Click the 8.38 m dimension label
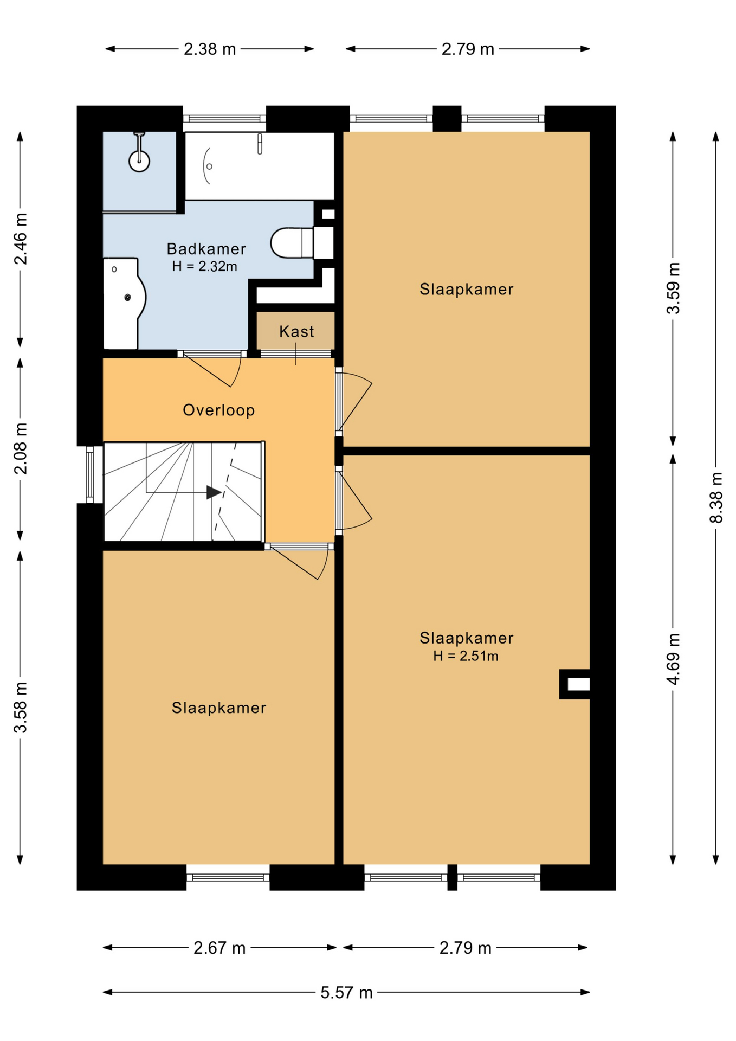tap(716, 497)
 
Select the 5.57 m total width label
tap(346, 993)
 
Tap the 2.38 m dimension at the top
tap(210, 49)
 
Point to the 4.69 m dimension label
tap(673, 659)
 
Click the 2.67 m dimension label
tap(219, 948)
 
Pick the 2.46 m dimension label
tap(21, 239)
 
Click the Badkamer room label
tap(206, 249)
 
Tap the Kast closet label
tap(296, 331)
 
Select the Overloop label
tap(218, 410)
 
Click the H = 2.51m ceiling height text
tap(466, 656)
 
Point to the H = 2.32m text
tap(204, 266)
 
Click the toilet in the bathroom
tap(295, 242)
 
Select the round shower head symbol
tap(139, 161)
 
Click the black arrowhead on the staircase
tap(214, 492)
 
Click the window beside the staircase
tap(90, 474)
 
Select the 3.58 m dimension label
tap(21, 708)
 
